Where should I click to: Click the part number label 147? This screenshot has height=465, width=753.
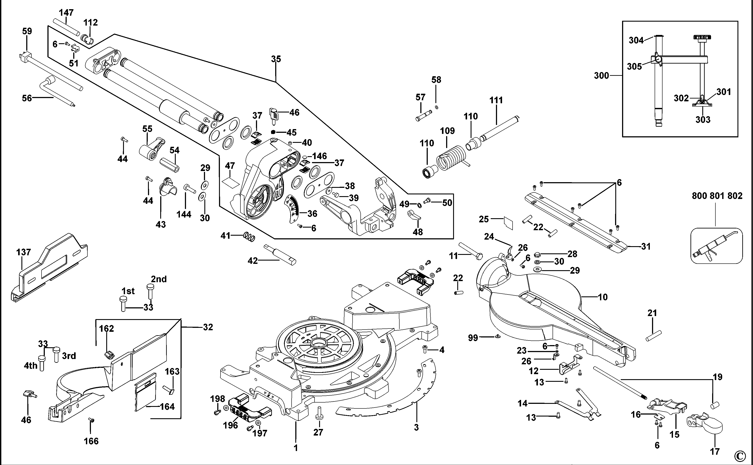66,13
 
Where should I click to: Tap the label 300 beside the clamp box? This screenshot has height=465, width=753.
601,75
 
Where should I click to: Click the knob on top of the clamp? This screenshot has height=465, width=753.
702,38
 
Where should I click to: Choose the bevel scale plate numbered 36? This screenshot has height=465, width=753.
292,209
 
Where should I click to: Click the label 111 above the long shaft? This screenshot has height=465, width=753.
496,100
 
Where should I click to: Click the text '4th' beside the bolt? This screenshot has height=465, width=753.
30,366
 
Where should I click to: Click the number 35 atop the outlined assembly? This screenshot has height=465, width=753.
276,59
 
